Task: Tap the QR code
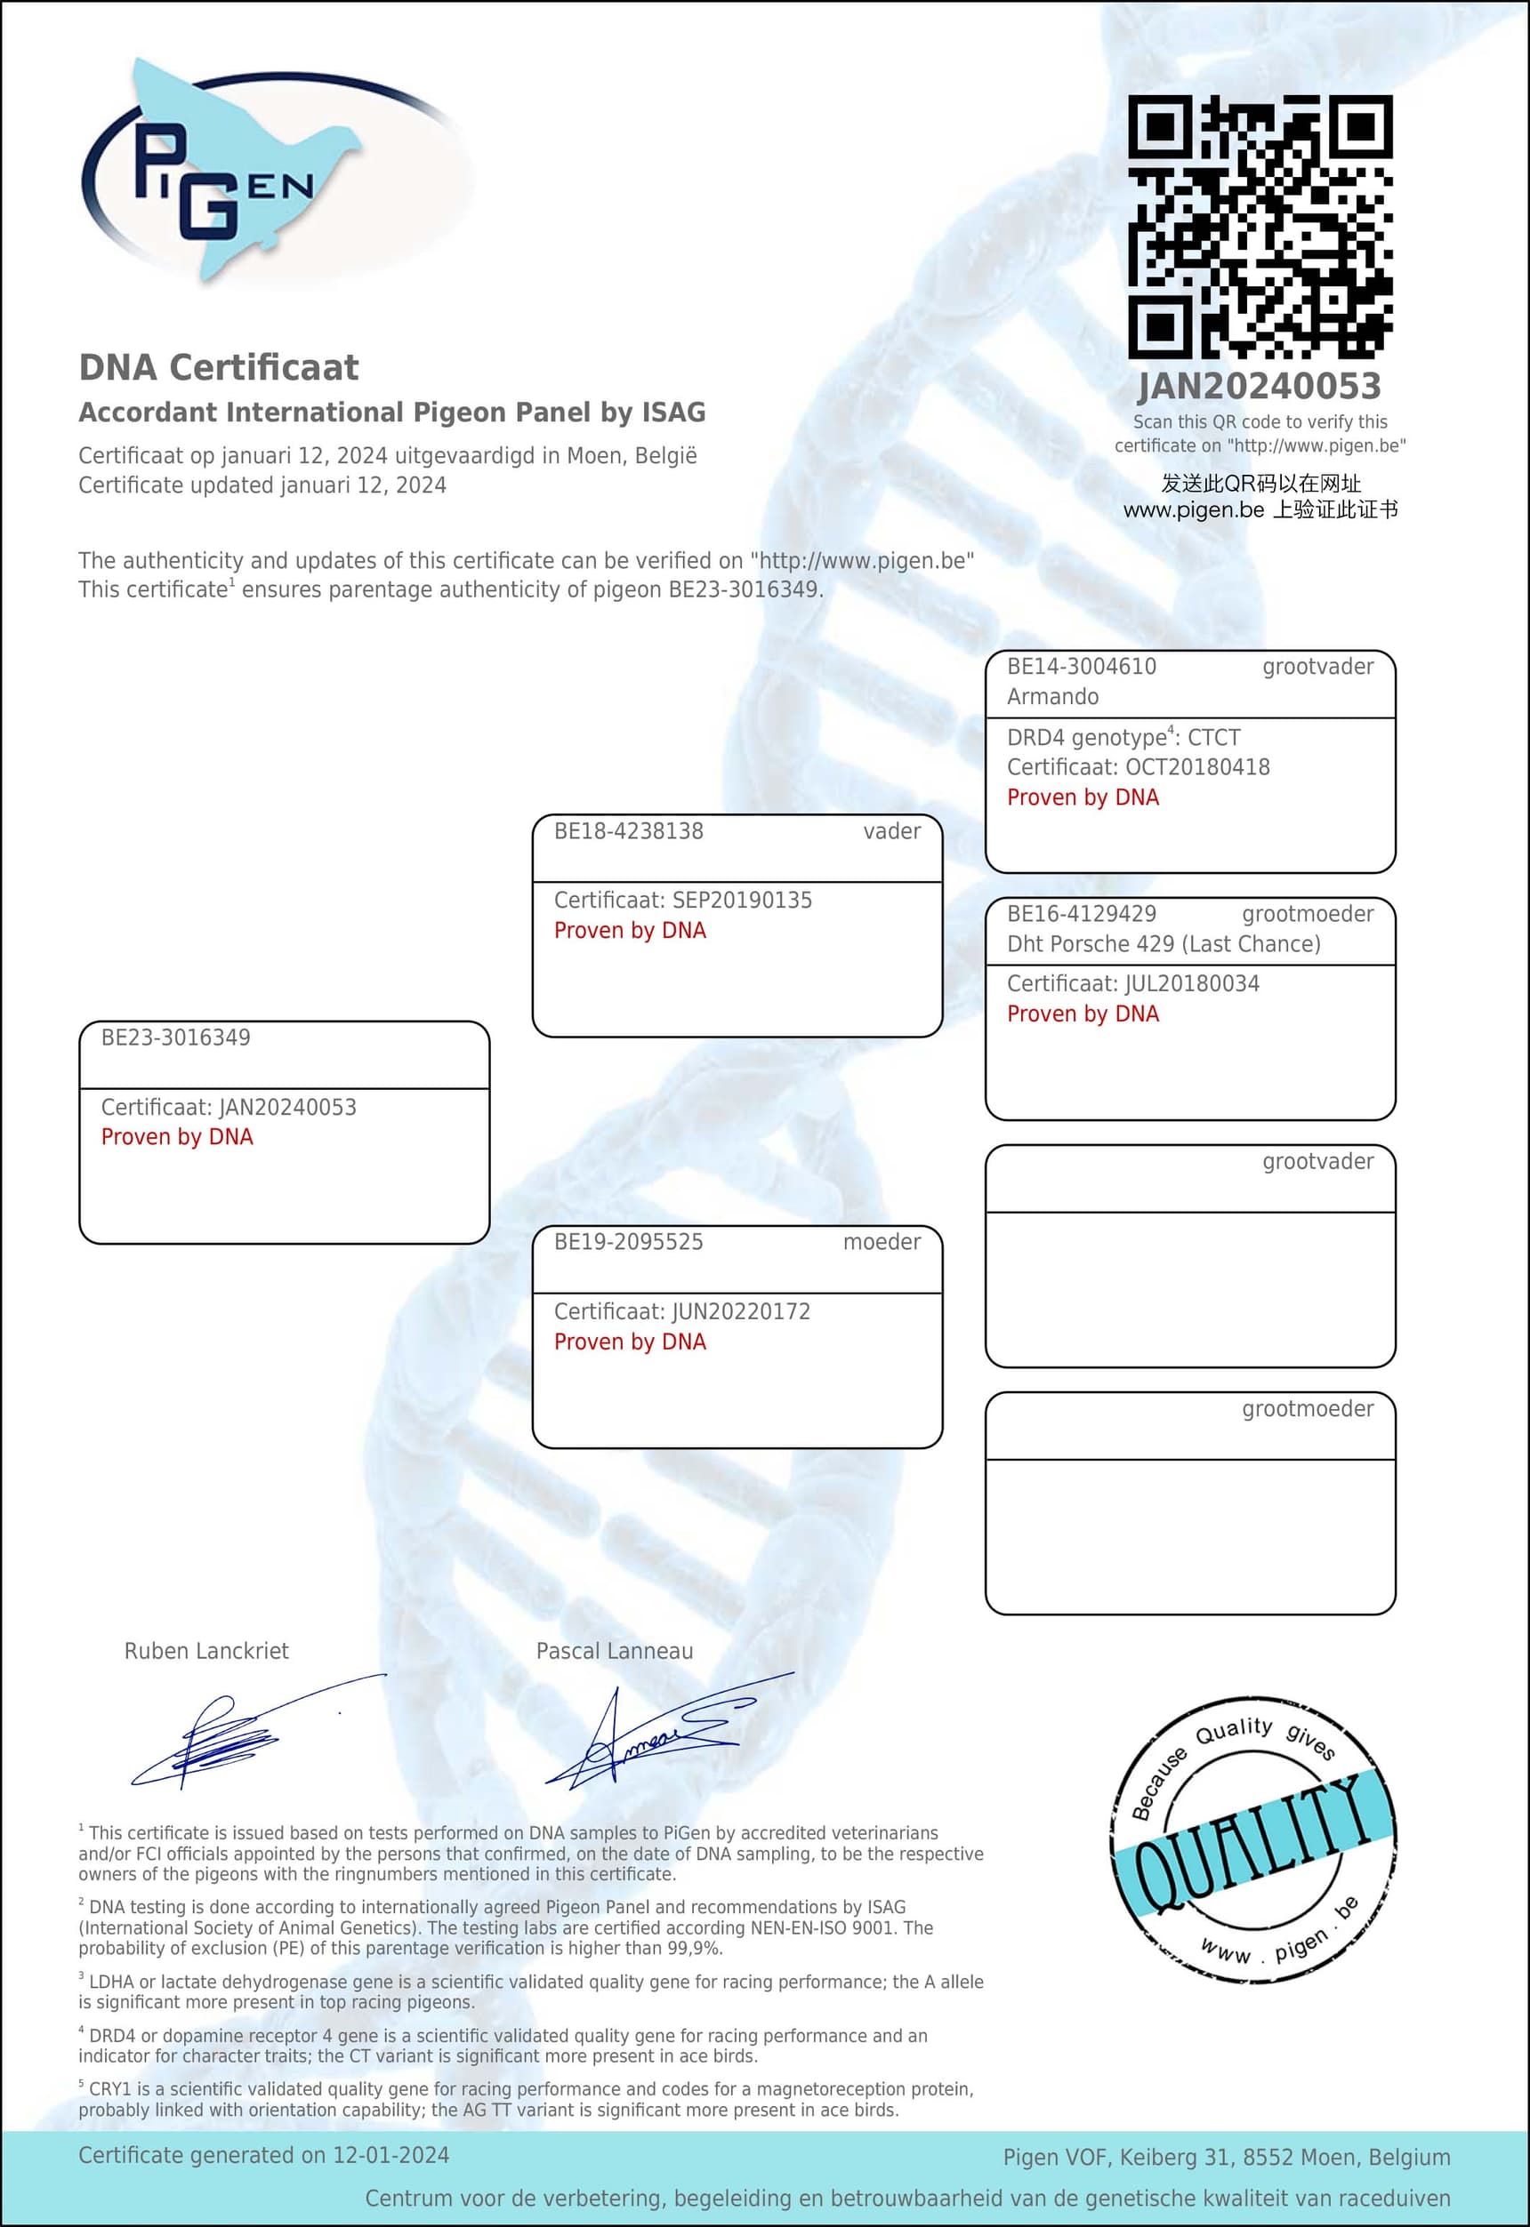(1260, 226)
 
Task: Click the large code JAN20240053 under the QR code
(1259, 386)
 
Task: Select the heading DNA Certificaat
(219, 367)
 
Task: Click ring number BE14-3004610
(1082, 667)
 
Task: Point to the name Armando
(1052, 697)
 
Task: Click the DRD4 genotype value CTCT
(1213, 738)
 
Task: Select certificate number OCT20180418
(1197, 767)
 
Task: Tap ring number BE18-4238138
(629, 831)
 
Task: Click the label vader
(891, 831)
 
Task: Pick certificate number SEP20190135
(742, 900)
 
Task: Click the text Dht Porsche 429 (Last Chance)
(1164, 944)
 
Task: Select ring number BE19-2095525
(629, 1242)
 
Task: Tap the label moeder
(882, 1242)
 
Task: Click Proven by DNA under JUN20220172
(630, 1342)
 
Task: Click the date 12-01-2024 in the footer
(391, 2155)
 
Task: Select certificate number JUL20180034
(1193, 983)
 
